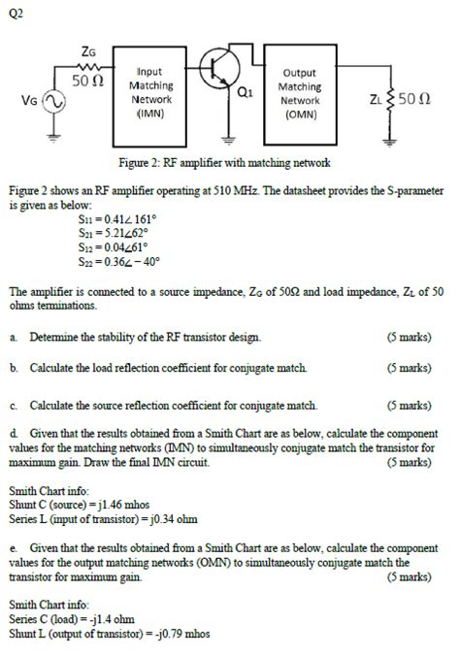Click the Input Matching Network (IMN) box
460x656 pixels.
(151, 92)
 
